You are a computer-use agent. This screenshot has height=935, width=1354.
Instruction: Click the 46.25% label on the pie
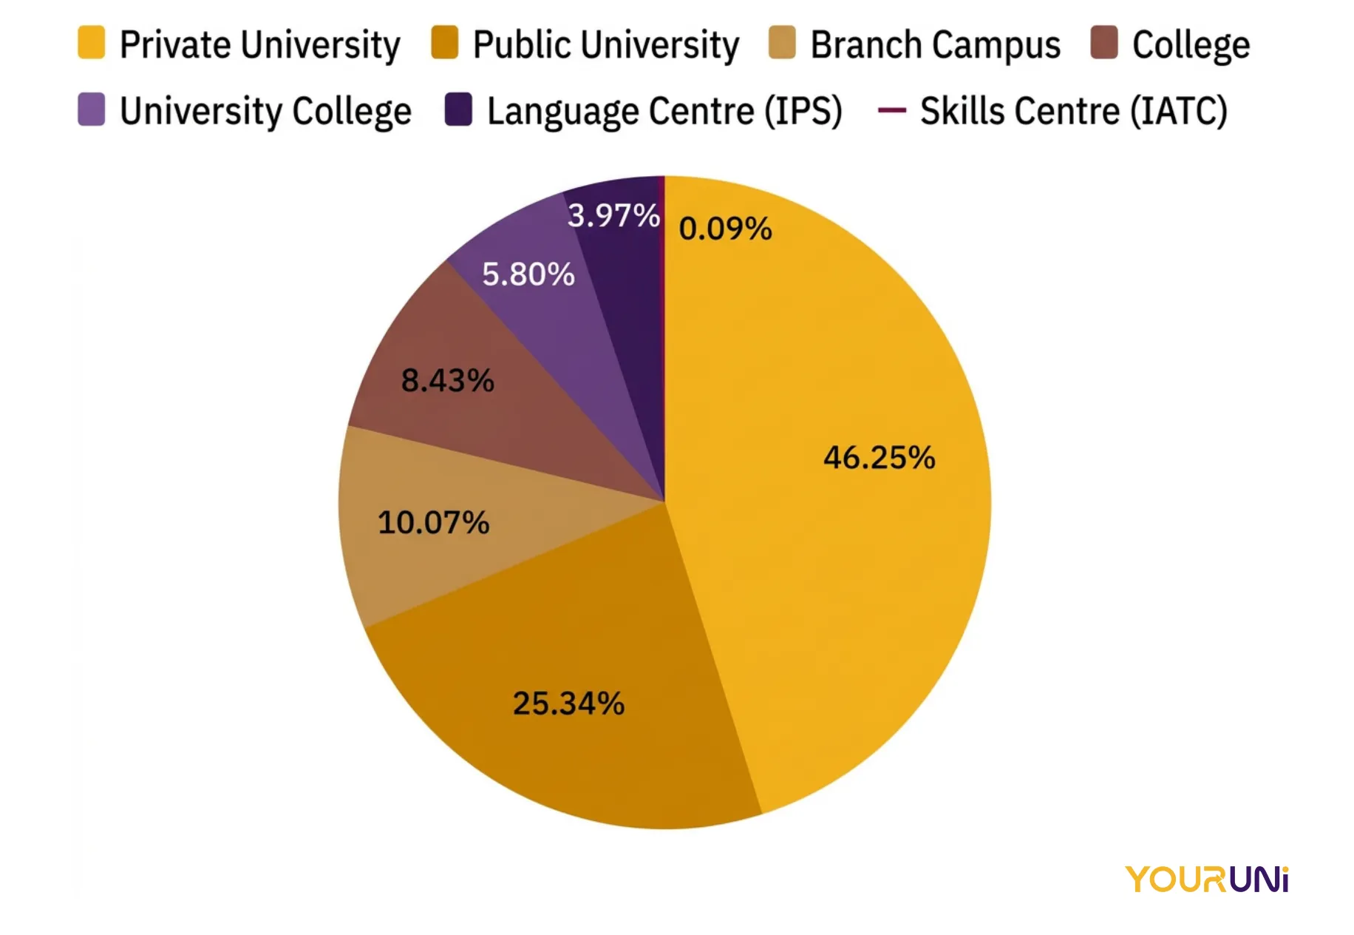point(880,458)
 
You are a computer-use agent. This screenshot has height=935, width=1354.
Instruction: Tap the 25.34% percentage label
point(568,703)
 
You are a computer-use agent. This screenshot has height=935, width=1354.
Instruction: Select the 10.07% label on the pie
point(433,522)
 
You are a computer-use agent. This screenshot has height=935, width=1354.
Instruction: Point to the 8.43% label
point(447,381)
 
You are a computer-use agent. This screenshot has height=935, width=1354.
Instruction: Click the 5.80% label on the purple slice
point(528,274)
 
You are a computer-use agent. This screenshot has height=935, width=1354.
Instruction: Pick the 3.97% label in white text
point(613,216)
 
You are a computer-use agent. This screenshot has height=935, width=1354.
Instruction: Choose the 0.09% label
point(725,229)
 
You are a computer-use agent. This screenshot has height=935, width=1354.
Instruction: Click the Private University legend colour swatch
point(92,43)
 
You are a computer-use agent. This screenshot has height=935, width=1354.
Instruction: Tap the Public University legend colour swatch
point(445,43)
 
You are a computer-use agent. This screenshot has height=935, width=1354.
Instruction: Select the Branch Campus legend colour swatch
point(782,43)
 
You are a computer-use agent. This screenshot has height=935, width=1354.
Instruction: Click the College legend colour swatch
point(1104,43)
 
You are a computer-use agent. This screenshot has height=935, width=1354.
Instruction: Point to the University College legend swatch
point(92,109)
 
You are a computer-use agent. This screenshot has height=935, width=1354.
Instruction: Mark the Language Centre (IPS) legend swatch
point(458,109)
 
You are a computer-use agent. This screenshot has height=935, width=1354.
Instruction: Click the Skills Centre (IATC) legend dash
point(891,110)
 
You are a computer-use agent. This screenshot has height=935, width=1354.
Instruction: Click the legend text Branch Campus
point(935,44)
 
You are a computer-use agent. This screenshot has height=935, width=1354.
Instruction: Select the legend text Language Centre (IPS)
point(664,111)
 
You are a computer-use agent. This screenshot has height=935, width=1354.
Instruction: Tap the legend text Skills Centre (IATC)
point(1073,111)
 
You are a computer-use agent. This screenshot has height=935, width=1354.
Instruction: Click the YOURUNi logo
point(1206,880)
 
